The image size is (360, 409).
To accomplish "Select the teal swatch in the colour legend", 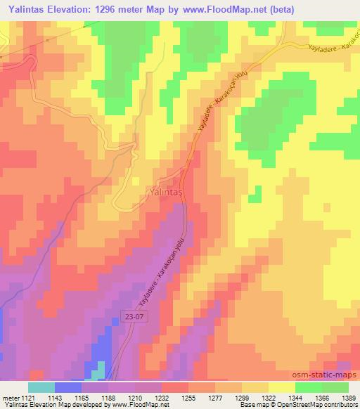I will pyautogui.click(x=41, y=387).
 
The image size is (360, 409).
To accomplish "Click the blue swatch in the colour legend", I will pyautogui.click(x=67, y=387).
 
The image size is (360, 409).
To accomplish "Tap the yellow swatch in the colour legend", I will pyautogui.click(x=281, y=387).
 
